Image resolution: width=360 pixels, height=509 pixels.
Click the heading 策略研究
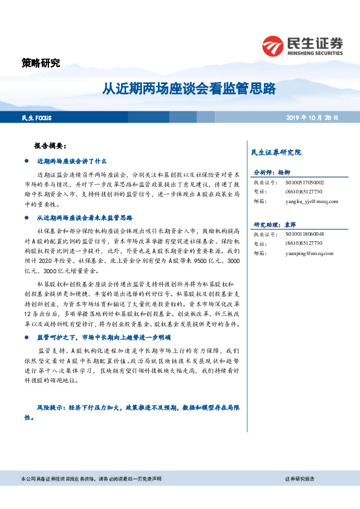[41, 63]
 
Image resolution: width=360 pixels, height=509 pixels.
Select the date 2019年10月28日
[312, 117]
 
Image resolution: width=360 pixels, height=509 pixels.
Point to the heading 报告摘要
[54, 146]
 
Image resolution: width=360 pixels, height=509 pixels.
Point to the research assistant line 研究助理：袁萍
[276, 224]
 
